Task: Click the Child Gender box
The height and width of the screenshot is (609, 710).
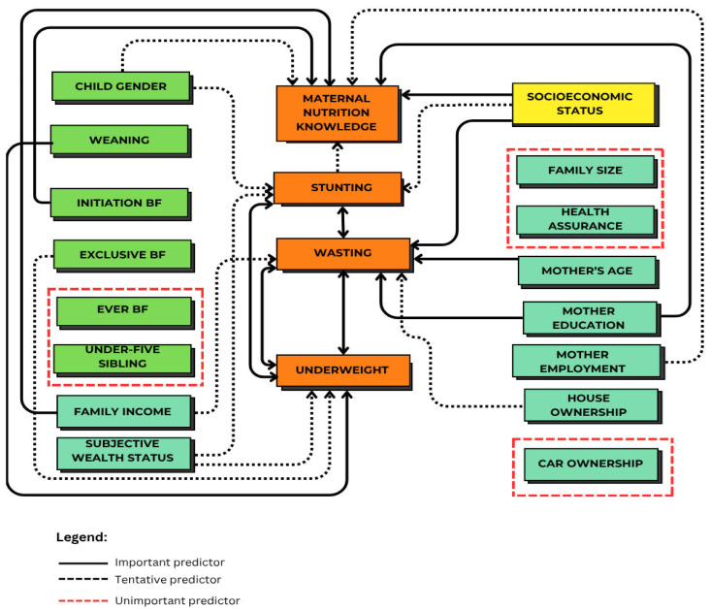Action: [121, 86]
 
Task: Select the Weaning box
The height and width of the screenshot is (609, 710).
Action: [119, 140]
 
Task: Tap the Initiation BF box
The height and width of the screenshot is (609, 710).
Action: [119, 203]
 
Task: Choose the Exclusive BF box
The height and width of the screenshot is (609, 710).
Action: [122, 254]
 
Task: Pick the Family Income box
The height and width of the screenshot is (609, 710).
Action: [124, 411]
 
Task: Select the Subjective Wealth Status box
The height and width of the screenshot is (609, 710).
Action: [124, 453]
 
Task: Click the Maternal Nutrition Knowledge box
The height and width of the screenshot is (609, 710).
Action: [338, 113]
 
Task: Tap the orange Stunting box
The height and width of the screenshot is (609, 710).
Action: [338, 188]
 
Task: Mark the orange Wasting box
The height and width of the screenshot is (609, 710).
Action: [343, 253]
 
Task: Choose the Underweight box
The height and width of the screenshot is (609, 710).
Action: [343, 370]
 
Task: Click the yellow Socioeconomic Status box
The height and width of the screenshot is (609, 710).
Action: [584, 103]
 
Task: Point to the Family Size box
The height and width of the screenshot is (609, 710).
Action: [586, 171]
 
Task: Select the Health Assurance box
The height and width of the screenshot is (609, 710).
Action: [586, 220]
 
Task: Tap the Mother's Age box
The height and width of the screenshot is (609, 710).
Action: [587, 271]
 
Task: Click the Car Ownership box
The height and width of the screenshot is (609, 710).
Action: [591, 465]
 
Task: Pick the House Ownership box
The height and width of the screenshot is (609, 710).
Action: [591, 405]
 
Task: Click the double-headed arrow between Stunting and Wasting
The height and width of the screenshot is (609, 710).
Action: [343, 222]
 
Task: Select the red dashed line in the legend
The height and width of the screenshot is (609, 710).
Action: [83, 601]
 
